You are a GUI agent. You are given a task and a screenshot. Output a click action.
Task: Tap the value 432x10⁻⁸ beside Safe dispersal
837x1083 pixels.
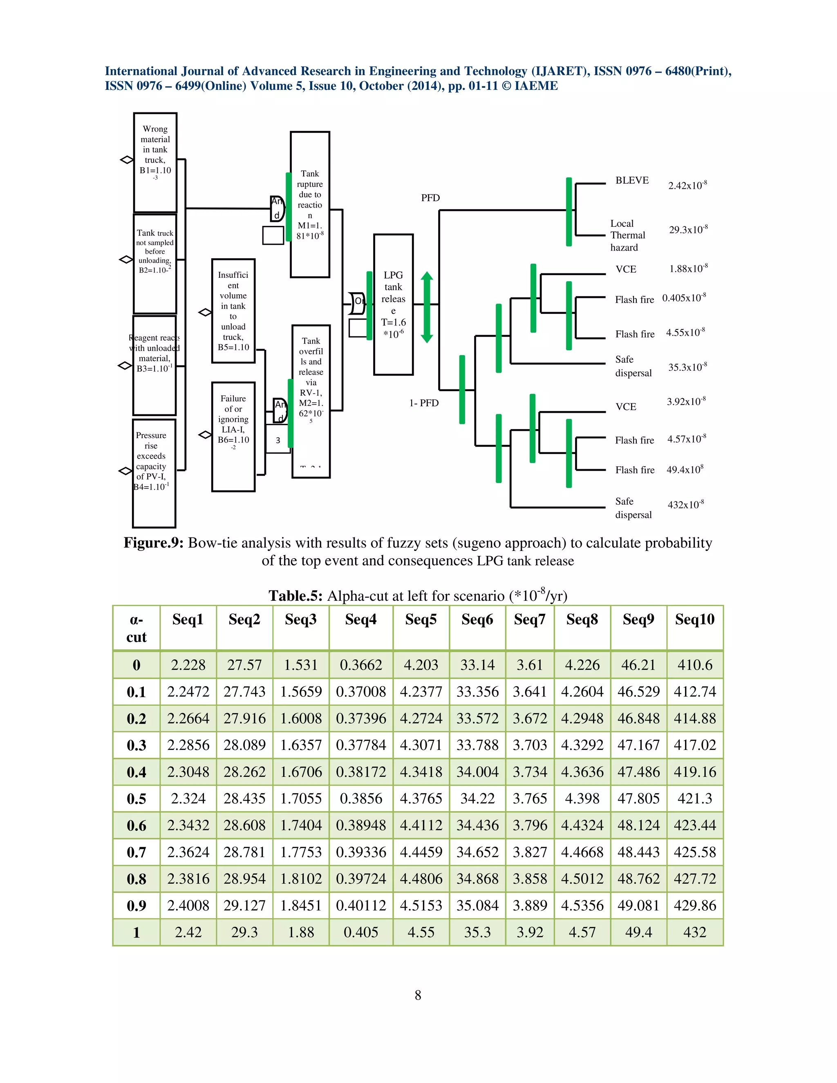(x=685, y=505)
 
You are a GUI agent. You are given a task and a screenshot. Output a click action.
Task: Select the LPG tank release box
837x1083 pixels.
(x=393, y=304)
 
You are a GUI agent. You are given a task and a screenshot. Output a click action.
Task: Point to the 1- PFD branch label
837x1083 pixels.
(x=424, y=403)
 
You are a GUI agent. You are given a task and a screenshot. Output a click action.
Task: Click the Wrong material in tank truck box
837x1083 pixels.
(x=155, y=163)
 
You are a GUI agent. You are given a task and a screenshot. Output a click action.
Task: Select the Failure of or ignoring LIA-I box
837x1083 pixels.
(x=233, y=436)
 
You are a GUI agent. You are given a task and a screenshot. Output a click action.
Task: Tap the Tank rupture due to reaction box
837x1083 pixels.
(x=310, y=204)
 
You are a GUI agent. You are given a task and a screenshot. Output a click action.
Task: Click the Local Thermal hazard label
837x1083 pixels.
(x=627, y=235)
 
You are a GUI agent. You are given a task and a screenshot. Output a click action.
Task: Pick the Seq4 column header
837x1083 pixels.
(x=360, y=619)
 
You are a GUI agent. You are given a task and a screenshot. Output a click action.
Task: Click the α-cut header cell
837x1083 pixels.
(x=137, y=628)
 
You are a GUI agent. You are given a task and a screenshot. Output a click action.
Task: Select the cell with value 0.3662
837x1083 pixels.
(x=360, y=665)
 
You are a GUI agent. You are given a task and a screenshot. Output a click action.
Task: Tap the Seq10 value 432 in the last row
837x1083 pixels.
(x=694, y=932)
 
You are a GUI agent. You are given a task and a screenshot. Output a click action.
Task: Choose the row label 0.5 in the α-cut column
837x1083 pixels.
(x=137, y=799)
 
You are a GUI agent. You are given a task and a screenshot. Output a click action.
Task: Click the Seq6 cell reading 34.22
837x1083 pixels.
(x=477, y=799)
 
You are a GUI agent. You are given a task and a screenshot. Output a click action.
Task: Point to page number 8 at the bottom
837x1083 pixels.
(x=418, y=995)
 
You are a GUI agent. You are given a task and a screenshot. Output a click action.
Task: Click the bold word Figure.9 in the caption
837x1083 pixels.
(x=153, y=543)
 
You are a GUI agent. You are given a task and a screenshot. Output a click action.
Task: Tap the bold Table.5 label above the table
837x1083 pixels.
(x=295, y=595)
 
